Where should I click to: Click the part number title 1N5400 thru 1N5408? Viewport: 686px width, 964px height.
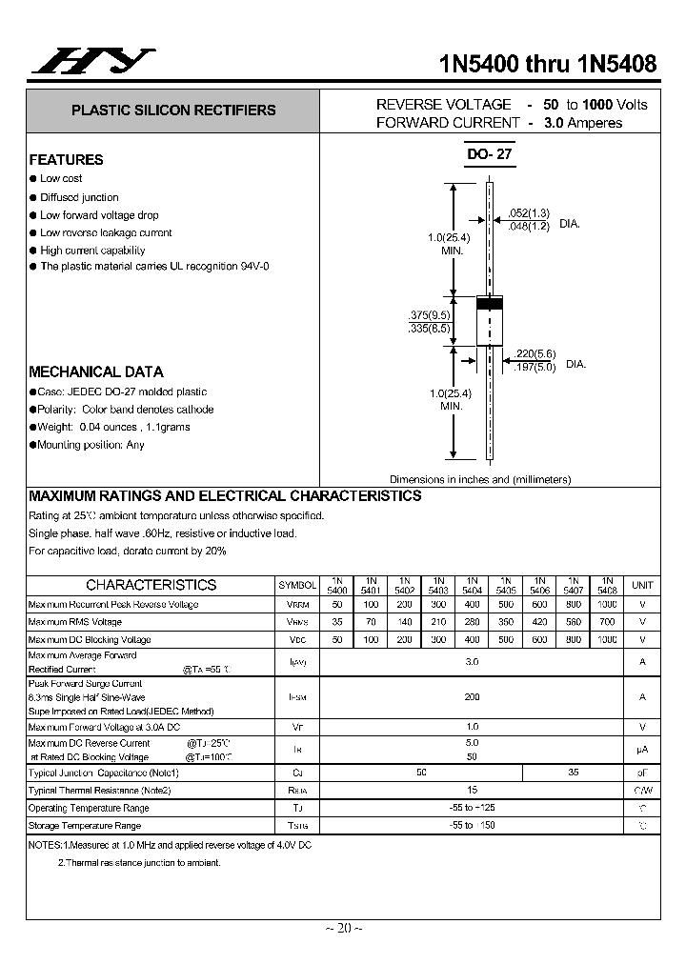point(547,64)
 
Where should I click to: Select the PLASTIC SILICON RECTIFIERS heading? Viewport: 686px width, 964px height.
point(173,110)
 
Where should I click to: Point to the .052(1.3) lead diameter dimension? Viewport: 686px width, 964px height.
point(529,212)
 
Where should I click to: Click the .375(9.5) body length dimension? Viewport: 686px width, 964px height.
point(427,315)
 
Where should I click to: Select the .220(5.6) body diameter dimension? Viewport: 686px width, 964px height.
point(534,352)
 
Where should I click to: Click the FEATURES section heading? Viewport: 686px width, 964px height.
point(66,160)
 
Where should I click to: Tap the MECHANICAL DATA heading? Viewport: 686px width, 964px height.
point(95,372)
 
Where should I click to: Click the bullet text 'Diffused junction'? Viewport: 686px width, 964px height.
point(79,197)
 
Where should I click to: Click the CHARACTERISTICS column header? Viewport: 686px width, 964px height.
point(151,585)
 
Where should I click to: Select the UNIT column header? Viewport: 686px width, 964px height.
point(642,585)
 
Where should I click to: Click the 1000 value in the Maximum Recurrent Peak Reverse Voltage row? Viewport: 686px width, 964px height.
point(606,605)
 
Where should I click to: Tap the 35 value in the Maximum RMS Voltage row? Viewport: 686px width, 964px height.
point(336,622)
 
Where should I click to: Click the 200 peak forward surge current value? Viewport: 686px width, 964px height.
point(472,697)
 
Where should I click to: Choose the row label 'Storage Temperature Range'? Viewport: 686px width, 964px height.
point(85,826)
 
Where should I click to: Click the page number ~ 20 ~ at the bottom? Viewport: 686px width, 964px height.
point(343,928)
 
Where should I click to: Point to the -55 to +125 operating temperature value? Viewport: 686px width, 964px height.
point(472,808)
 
